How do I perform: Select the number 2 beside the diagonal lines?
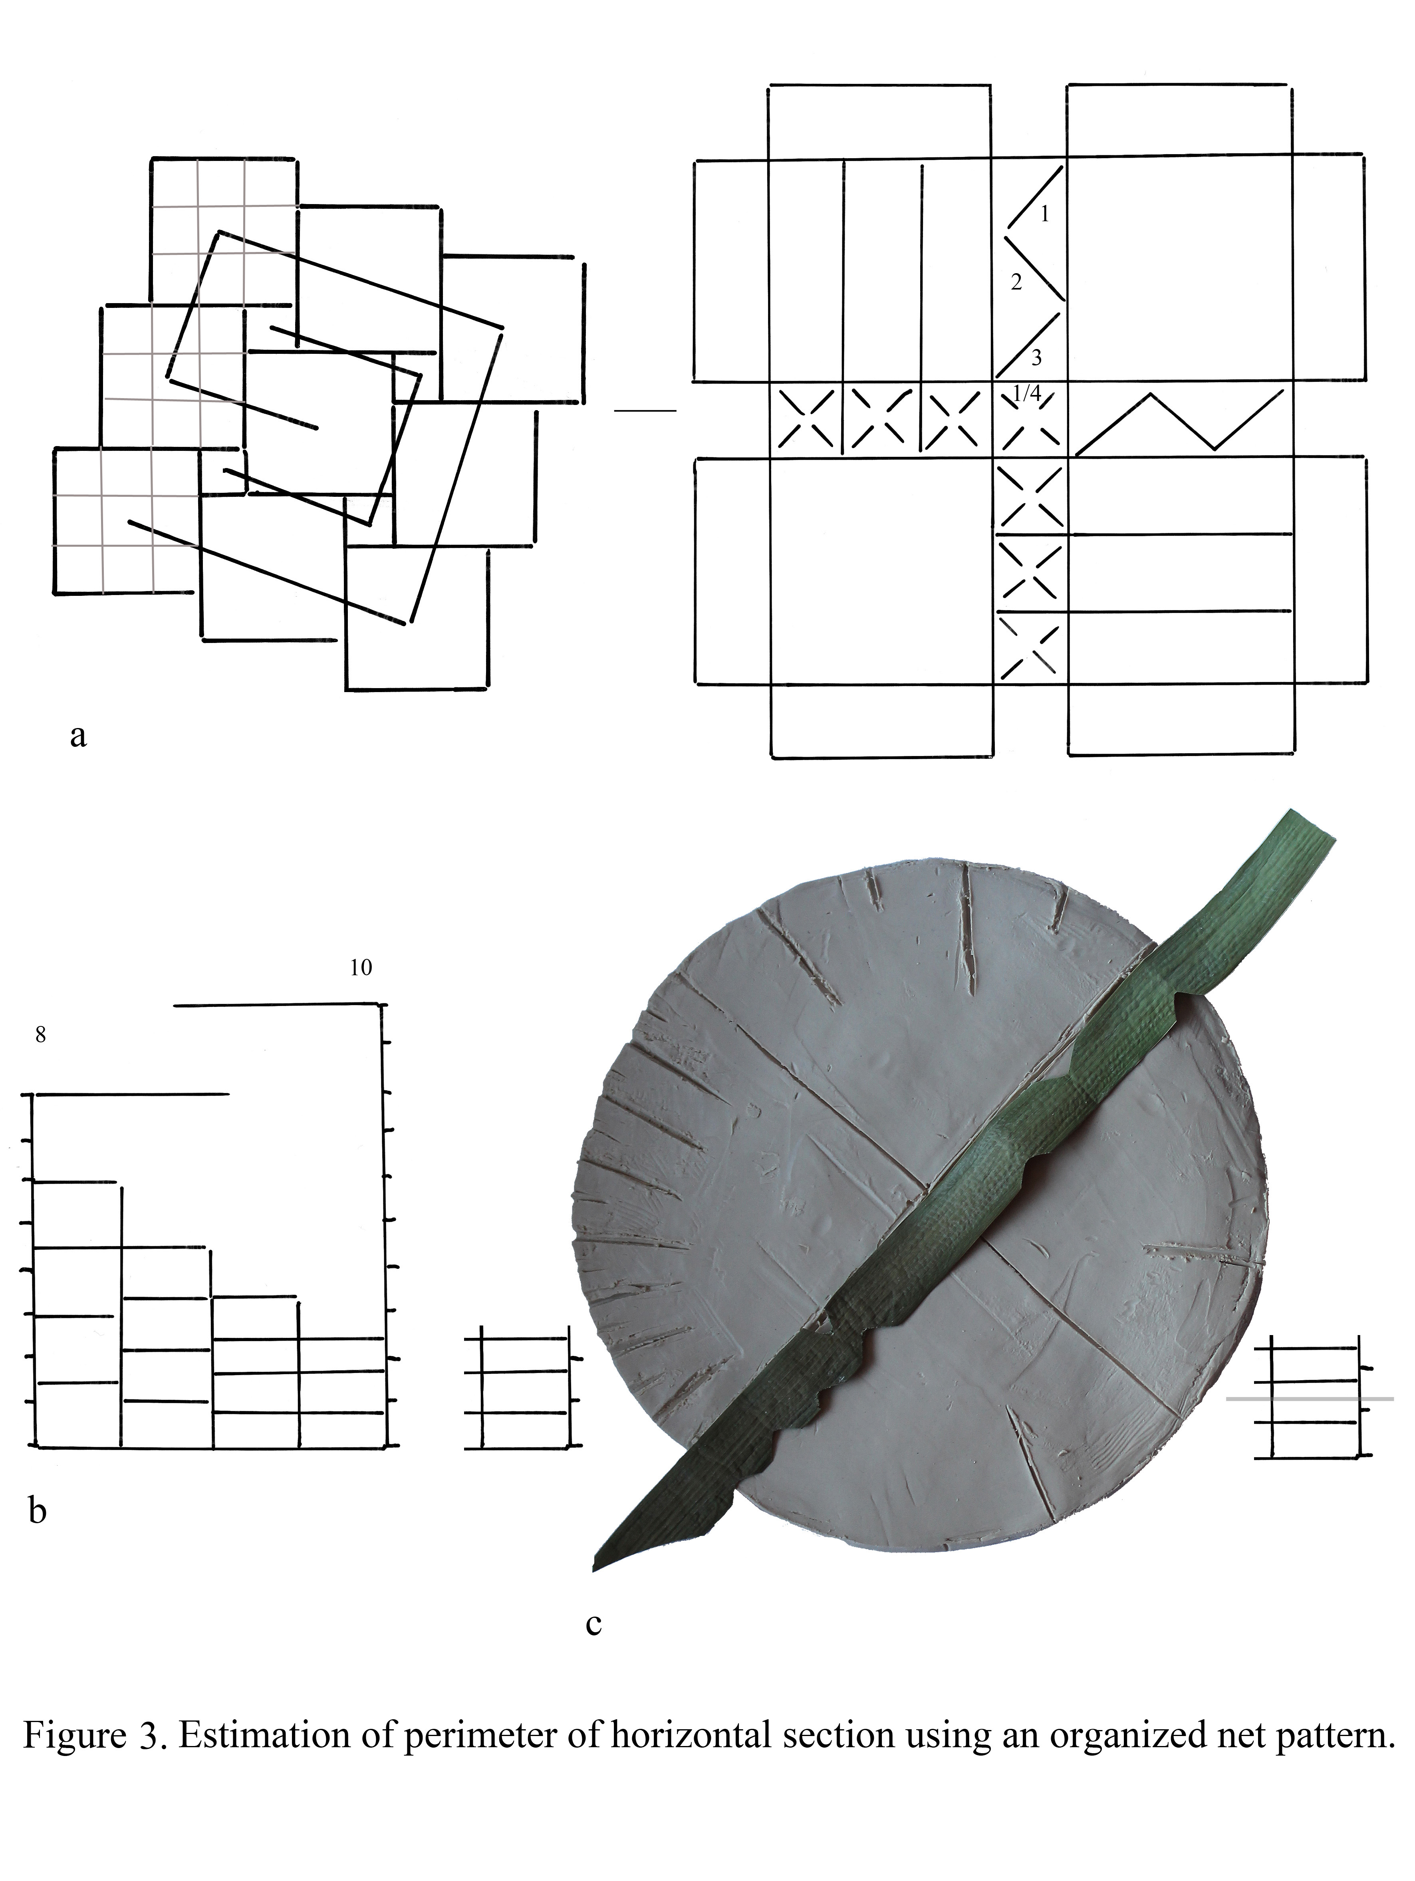coord(1016,283)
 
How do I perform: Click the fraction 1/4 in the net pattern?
coord(1027,393)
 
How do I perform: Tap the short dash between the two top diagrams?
coord(645,412)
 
